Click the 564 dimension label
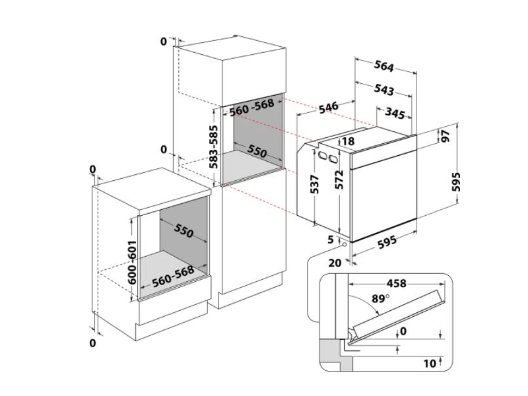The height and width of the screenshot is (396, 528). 384,67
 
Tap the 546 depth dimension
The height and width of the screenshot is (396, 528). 328,108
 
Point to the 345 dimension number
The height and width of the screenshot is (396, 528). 394,113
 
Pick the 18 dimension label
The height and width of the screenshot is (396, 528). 348,141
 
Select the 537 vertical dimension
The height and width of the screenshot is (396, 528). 314,184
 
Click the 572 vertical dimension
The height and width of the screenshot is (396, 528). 339,180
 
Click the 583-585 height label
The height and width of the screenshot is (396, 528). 213,147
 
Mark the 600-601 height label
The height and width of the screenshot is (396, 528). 133,261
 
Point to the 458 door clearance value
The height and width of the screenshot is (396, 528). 397,284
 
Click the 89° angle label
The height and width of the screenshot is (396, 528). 381,298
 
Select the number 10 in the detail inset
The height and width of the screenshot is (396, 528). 430,364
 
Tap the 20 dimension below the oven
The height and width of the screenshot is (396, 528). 335,263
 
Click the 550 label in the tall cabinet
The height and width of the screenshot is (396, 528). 257,151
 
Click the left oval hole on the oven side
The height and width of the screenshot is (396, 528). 321,156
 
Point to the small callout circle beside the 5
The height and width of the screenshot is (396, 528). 344,244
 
